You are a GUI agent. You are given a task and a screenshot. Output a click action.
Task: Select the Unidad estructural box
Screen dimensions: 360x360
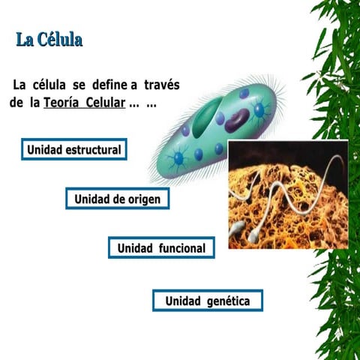(x=73, y=150)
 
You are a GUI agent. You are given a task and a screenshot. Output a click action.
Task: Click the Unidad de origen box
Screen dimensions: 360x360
(x=117, y=199)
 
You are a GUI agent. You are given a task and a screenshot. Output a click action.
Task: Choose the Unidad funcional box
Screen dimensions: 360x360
(x=161, y=247)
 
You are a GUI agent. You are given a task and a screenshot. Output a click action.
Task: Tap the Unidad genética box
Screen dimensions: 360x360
(x=208, y=301)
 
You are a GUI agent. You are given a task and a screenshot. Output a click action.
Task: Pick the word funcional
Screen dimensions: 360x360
(x=181, y=247)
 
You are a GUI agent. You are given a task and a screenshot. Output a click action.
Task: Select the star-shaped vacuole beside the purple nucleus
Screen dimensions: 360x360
(x=259, y=111)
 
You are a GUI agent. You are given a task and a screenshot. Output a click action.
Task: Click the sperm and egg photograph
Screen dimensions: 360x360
(x=288, y=194)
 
